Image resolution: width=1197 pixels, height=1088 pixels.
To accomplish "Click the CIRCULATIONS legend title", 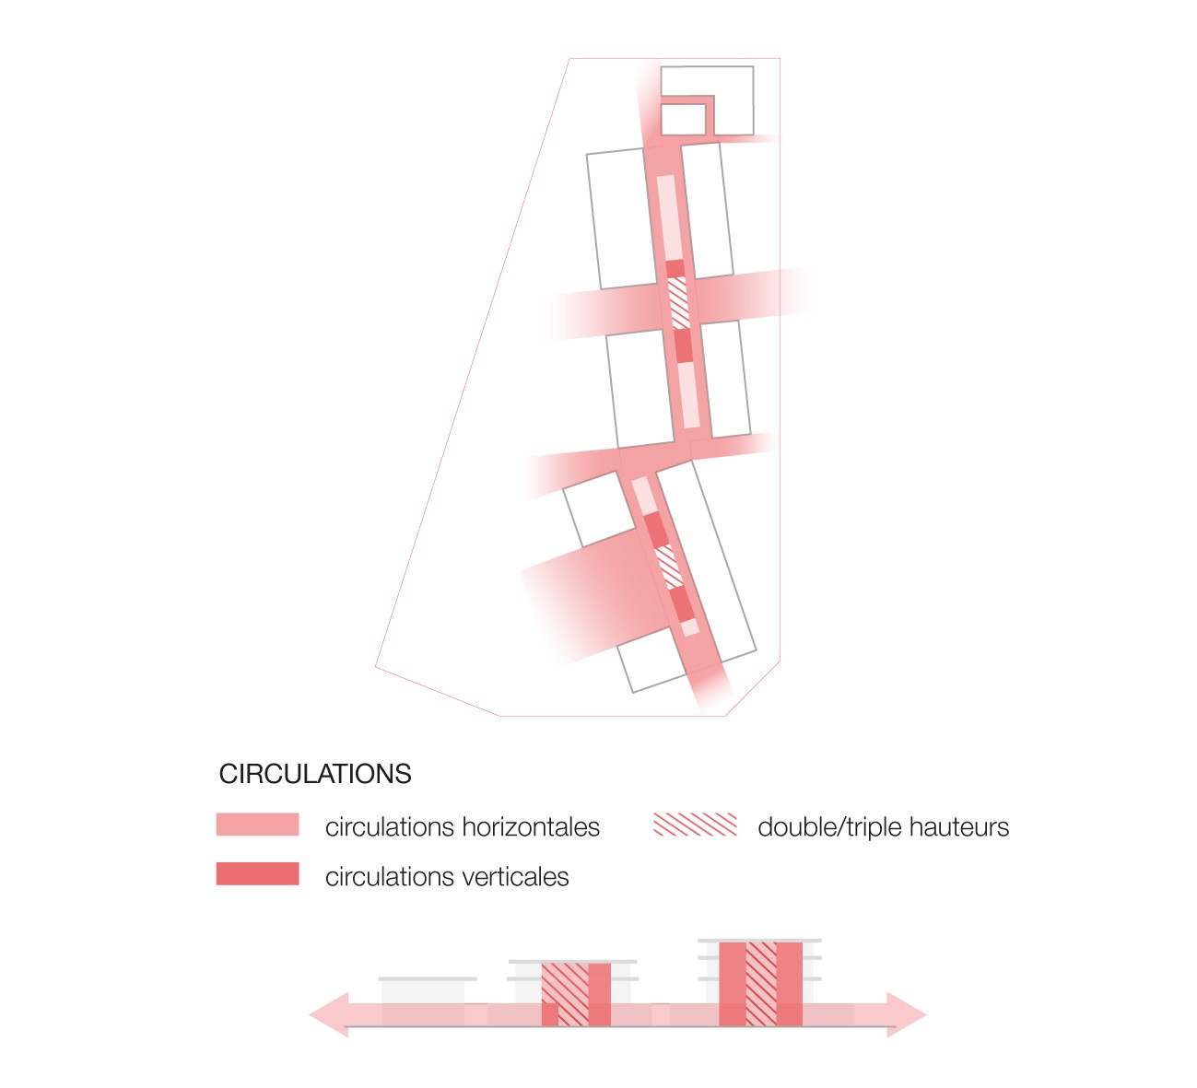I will (x=315, y=774).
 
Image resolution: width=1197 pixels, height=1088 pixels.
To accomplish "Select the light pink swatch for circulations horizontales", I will (x=257, y=825).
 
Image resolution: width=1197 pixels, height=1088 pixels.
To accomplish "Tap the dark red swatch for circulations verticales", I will (x=257, y=873).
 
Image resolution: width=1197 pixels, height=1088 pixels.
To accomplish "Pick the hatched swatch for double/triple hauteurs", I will (x=695, y=825).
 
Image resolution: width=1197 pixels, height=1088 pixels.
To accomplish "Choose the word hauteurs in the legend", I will (x=958, y=827).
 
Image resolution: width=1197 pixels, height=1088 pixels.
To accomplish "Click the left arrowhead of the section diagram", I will (x=330, y=1015).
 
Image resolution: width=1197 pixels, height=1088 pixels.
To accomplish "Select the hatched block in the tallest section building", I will (x=761, y=983).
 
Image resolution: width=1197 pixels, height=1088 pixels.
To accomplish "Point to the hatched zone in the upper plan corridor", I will (x=678, y=302).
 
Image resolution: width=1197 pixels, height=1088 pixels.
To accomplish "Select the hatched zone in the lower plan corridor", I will (x=668, y=565).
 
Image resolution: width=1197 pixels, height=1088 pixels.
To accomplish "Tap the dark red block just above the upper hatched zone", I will (x=675, y=268).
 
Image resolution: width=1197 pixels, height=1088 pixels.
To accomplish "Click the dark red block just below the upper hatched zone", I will (x=683, y=345).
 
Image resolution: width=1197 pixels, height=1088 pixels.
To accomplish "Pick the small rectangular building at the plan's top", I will (x=682, y=119).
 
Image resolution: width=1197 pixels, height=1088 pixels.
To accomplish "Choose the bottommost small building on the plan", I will (x=655, y=665).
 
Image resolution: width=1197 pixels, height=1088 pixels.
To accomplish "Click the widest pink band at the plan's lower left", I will (x=590, y=599).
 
